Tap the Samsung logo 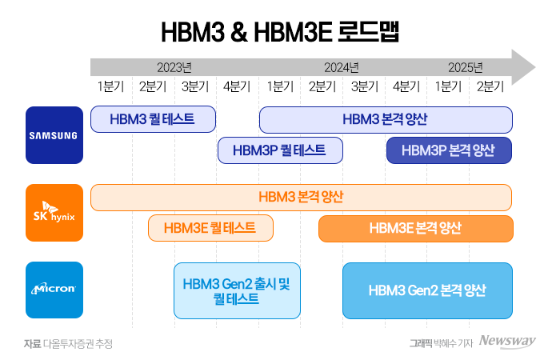click(54, 134)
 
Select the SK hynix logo click(54, 212)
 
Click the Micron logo click(54, 290)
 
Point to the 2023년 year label click(174, 66)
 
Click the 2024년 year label click(342, 66)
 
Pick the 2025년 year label click(465, 66)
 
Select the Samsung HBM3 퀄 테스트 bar click(154, 119)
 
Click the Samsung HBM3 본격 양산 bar click(386, 119)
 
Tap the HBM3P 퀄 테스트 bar click(280, 150)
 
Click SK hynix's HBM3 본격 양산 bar click(301, 197)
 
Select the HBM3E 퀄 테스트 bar click(210, 228)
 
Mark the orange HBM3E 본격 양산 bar click(415, 228)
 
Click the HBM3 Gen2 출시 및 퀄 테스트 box click(237, 290)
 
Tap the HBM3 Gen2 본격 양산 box click(427, 290)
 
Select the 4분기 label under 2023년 click(237, 86)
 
